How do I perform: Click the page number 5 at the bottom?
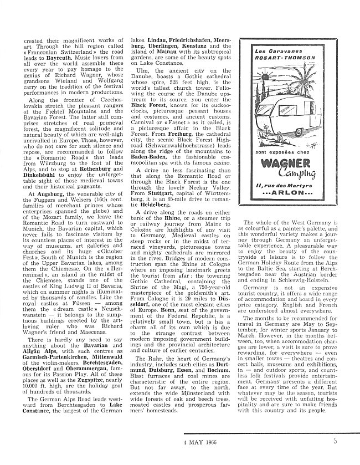(349, 442)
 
